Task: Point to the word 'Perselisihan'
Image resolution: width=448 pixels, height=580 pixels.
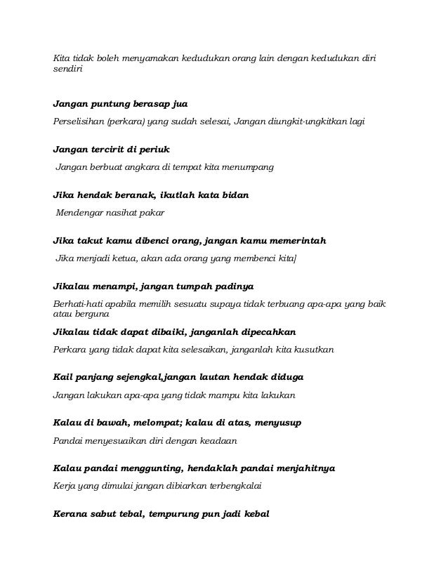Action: (79, 121)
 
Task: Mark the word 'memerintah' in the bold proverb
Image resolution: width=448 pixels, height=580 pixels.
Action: (295, 240)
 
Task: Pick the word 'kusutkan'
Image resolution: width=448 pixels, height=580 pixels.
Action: (313, 349)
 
